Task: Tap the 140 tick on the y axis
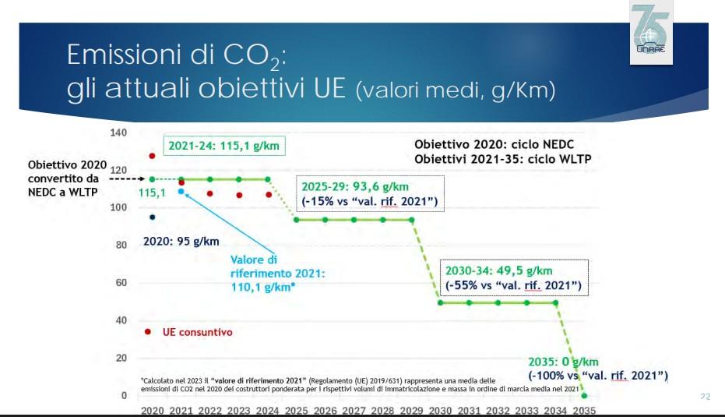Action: [118, 133]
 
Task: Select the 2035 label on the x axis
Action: [584, 411]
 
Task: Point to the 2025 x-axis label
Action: [296, 411]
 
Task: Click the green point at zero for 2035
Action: [584, 395]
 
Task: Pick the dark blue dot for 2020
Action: [152, 217]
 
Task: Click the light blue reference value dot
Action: [181, 191]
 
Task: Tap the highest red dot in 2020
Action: [152, 156]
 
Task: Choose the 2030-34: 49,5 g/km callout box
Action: [513, 278]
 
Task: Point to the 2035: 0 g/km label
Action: [561, 362]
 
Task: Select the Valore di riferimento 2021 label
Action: [276, 274]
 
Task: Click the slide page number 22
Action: [705, 397]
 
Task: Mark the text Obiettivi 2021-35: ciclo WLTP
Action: [502, 159]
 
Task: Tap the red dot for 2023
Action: [239, 195]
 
